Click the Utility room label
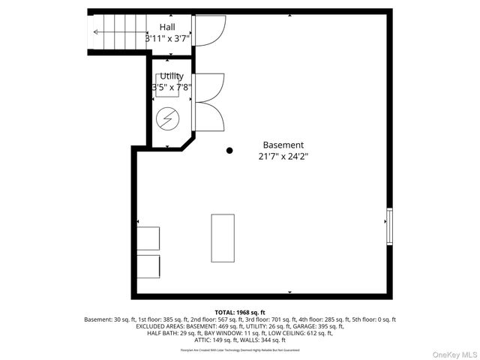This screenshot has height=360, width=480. tap(172, 76)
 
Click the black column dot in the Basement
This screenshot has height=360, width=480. tap(229, 151)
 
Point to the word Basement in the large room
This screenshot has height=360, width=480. tap(283, 145)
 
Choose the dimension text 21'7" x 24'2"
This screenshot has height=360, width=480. tap(283, 157)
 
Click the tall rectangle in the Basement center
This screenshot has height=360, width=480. tap(223, 238)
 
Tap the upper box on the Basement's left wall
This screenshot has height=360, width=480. tap(148, 238)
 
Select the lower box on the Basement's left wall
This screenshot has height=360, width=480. tap(148, 266)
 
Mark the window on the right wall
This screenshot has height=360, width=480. tap(388, 227)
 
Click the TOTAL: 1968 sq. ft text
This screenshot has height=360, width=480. tap(240, 312)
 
